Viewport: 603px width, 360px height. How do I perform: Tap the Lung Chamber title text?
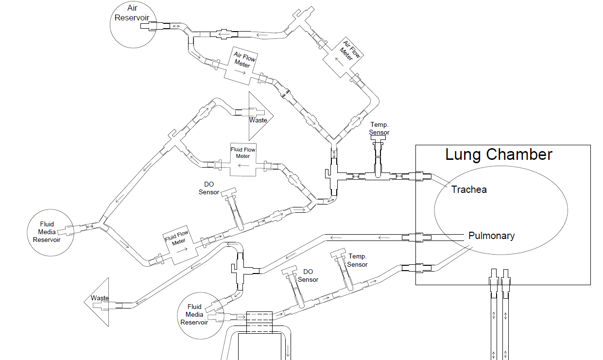pyautogui.click(x=499, y=155)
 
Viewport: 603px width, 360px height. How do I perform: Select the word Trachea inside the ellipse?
pyautogui.click(x=469, y=189)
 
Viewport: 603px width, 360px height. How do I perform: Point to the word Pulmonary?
pyautogui.click(x=491, y=236)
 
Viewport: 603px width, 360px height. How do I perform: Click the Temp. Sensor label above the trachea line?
pyautogui.click(x=379, y=129)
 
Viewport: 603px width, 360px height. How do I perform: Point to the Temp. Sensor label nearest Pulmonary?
pyautogui.click(x=357, y=260)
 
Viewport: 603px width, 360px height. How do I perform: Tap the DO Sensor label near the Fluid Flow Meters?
pyautogui.click(x=208, y=189)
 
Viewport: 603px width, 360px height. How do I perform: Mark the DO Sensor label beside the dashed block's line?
pyautogui.click(x=308, y=275)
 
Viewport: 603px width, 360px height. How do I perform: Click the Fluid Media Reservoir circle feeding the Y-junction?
pyautogui.click(x=50, y=232)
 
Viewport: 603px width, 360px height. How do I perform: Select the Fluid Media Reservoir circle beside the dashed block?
pyautogui.click(x=199, y=315)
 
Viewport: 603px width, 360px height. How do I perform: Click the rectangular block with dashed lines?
pyautogui.click(x=260, y=322)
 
